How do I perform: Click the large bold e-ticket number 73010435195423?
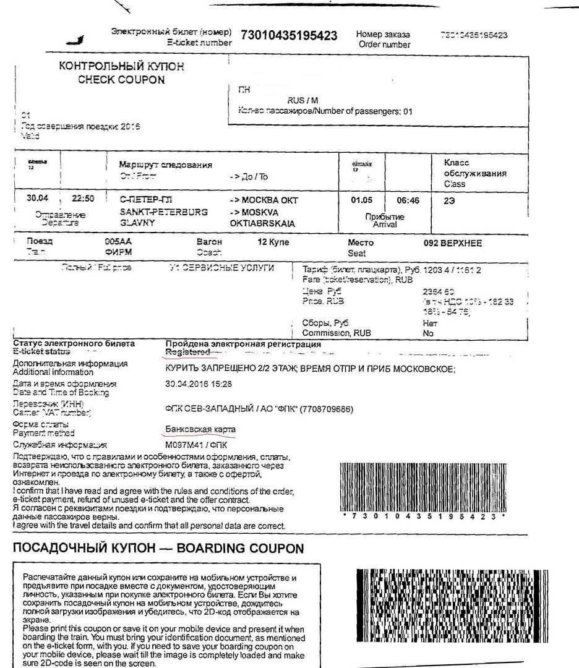288,35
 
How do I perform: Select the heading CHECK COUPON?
121,80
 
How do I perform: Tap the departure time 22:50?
83,200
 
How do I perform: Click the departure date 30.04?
38,200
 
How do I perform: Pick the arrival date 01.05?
362,200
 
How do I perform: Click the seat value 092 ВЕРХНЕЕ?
452,243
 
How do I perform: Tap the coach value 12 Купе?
273,242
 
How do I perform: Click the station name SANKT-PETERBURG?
155,212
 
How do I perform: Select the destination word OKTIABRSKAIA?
262,223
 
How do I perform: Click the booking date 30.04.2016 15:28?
199,384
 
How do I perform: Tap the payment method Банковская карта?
200,429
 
